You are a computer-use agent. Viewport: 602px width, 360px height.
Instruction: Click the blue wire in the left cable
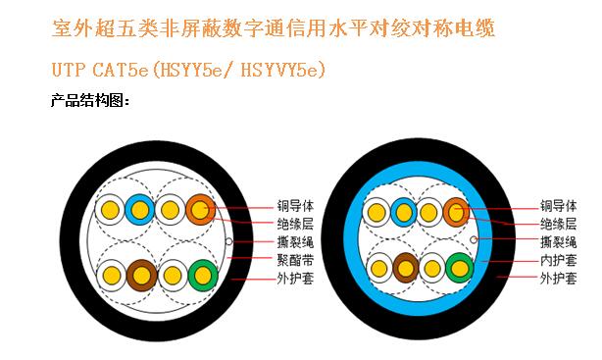click(x=138, y=209)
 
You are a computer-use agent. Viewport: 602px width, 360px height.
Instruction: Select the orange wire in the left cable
click(x=199, y=209)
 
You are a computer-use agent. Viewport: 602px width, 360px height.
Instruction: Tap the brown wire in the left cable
click(x=142, y=276)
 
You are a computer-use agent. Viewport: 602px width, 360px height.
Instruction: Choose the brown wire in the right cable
click(x=406, y=267)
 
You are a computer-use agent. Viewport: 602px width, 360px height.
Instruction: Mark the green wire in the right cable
click(x=458, y=266)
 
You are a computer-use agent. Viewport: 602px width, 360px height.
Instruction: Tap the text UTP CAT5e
click(x=99, y=71)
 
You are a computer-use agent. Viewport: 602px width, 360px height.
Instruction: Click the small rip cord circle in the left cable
click(x=228, y=241)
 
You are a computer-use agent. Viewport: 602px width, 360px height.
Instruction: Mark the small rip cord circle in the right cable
click(x=475, y=237)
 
